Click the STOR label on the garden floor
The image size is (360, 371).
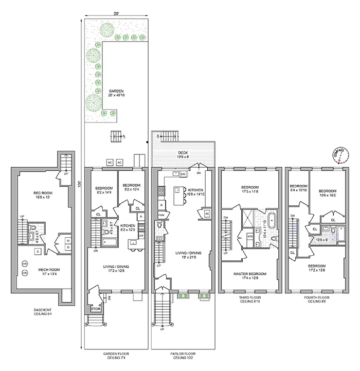pos(95,309)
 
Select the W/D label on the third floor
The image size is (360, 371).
pos(249,236)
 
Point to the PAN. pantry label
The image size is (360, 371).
pos(160,214)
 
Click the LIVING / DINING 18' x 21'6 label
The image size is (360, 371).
pos(188,255)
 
